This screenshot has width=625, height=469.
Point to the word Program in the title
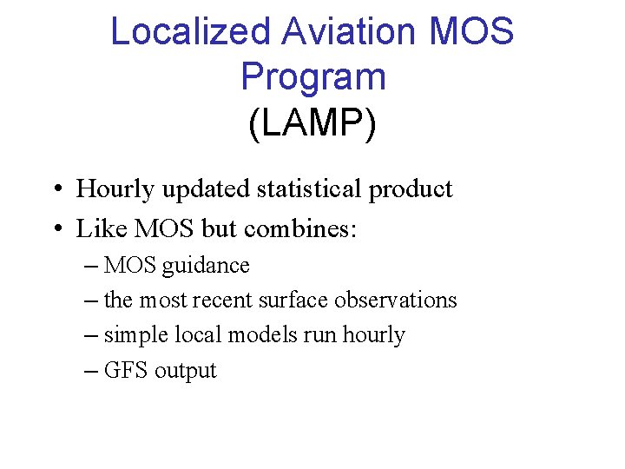coord(312,78)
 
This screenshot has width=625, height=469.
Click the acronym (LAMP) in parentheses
coord(312,123)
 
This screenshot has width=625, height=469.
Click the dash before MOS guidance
coord(92,266)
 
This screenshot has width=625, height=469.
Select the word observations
coord(395,301)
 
